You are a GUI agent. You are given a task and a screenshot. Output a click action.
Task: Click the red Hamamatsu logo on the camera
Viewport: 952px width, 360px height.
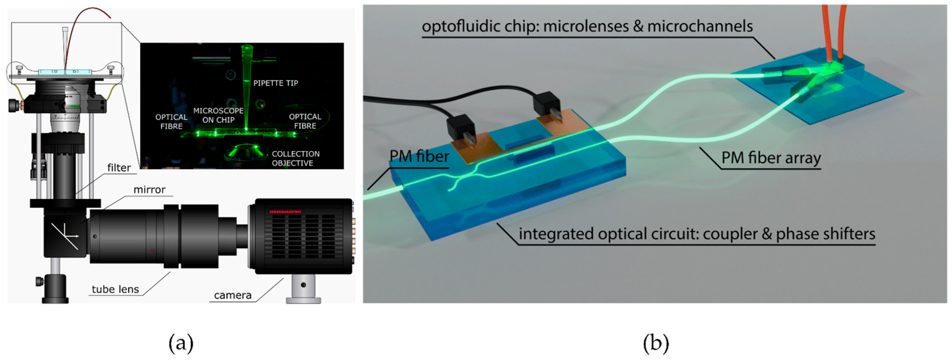click(285, 212)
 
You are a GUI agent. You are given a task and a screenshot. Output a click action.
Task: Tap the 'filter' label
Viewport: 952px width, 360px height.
click(119, 168)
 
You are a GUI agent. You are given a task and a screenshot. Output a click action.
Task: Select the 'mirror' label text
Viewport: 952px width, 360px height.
click(149, 190)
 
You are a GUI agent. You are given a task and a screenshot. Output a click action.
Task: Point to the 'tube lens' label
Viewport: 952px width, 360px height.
click(115, 289)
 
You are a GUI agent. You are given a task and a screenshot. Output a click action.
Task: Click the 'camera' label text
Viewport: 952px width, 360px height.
click(233, 295)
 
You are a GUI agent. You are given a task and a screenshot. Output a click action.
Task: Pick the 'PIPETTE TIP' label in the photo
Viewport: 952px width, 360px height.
click(276, 83)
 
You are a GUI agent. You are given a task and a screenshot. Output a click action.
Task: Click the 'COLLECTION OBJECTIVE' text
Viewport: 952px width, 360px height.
click(296, 159)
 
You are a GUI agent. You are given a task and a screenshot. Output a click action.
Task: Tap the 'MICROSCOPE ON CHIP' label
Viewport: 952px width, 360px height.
click(219, 115)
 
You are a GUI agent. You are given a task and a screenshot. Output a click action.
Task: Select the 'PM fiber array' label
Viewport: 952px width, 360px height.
click(771, 158)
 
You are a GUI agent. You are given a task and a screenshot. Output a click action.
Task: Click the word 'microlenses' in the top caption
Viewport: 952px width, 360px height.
click(592, 27)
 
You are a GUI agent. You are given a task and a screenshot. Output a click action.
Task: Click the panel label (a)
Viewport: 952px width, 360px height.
click(181, 343)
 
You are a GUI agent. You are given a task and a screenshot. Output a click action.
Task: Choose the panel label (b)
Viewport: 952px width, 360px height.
click(656, 343)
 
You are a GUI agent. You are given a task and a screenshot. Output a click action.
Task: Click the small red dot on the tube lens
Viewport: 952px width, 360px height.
click(153, 251)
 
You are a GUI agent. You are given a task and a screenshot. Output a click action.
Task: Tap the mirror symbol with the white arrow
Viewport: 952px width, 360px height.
click(66, 236)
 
